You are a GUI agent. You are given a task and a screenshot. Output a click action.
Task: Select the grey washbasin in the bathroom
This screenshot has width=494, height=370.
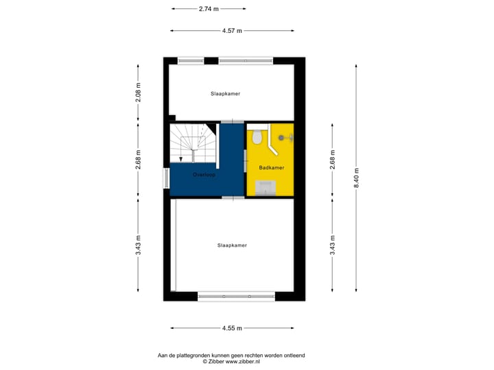[265, 187]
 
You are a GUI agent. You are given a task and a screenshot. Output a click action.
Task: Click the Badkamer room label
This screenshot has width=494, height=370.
[271, 167]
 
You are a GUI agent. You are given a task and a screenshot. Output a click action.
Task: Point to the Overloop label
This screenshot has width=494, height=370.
[204, 175]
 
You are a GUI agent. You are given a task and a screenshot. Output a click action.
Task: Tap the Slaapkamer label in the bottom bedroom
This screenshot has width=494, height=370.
[232, 245]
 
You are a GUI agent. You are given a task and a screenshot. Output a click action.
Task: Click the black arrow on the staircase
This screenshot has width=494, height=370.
[180, 159]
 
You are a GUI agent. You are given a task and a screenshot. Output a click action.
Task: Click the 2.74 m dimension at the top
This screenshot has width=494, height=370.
[209, 9]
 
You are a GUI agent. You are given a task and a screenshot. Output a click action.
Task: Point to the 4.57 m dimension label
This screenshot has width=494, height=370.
[232, 31]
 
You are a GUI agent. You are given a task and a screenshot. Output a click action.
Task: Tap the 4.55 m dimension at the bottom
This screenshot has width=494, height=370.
[231, 328]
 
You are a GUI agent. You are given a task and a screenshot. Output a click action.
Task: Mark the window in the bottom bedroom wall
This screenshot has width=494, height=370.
[236, 296]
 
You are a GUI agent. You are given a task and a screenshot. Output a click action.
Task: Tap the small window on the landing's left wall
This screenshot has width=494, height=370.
[165, 177]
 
